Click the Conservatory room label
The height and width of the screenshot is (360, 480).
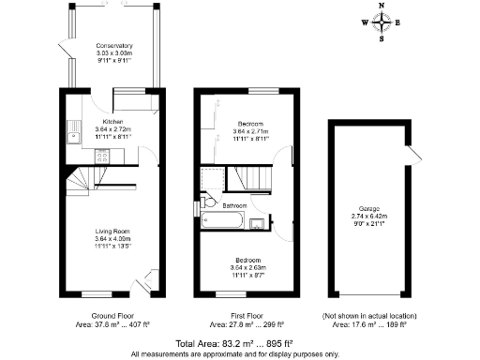coord(114,45)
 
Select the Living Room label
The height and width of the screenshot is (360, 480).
coord(113,231)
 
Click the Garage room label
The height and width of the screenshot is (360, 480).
coord(368,208)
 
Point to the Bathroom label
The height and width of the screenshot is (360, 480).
coord(234,205)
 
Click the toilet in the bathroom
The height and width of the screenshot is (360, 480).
coord(208,202)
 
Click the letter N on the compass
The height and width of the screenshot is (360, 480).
coord(381,6)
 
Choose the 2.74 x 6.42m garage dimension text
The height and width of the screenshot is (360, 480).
coord(368,216)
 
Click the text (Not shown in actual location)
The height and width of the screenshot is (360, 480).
coord(369,316)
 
